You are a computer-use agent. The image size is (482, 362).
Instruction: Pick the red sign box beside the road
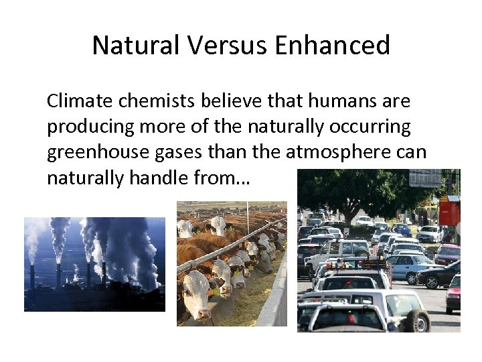pyautogui.click(x=449, y=211)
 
